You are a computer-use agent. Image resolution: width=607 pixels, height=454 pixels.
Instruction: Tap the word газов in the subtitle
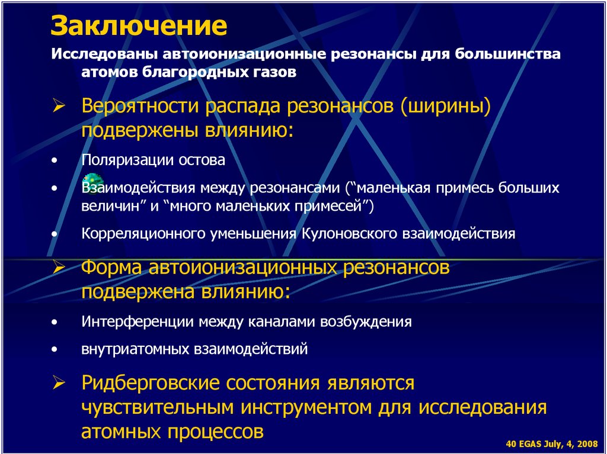tap(272, 72)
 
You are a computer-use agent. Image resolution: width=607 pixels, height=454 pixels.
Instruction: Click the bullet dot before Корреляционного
tap(55, 234)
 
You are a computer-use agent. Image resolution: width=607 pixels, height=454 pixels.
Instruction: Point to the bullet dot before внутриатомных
tap(55, 350)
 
